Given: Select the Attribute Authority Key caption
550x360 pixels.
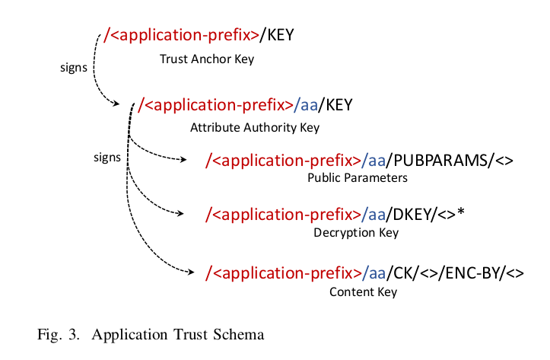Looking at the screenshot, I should pyautogui.click(x=254, y=127).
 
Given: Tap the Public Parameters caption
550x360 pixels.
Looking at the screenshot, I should pyautogui.click(x=358, y=178).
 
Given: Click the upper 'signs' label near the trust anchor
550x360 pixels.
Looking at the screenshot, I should pyautogui.click(x=73, y=66).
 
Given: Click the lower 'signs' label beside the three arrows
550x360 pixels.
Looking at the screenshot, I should pyautogui.click(x=107, y=158).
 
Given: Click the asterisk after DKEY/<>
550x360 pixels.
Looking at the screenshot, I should pyautogui.click(x=460, y=212).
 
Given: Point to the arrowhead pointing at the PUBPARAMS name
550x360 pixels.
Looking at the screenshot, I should pyautogui.click(x=183, y=160).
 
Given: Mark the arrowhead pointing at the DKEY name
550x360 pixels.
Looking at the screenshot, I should pyautogui.click(x=183, y=214).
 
